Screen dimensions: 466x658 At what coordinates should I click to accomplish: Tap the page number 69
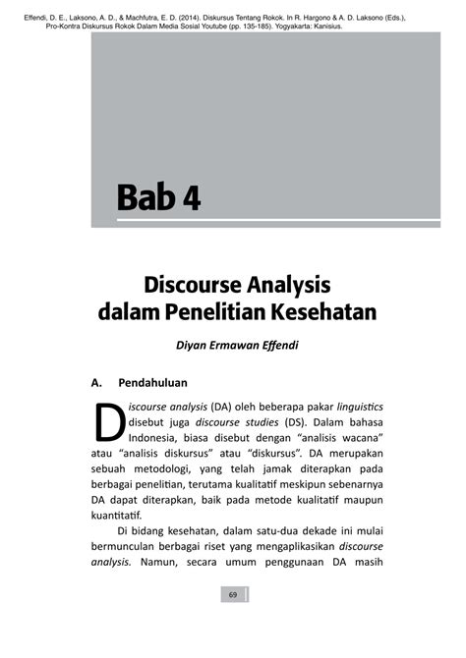(x=233, y=595)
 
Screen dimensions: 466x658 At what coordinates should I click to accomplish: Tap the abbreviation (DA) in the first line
(x=221, y=406)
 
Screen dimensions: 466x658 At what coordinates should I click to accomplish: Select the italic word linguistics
(x=360, y=406)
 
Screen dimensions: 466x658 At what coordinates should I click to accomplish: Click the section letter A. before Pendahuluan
(x=97, y=381)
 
